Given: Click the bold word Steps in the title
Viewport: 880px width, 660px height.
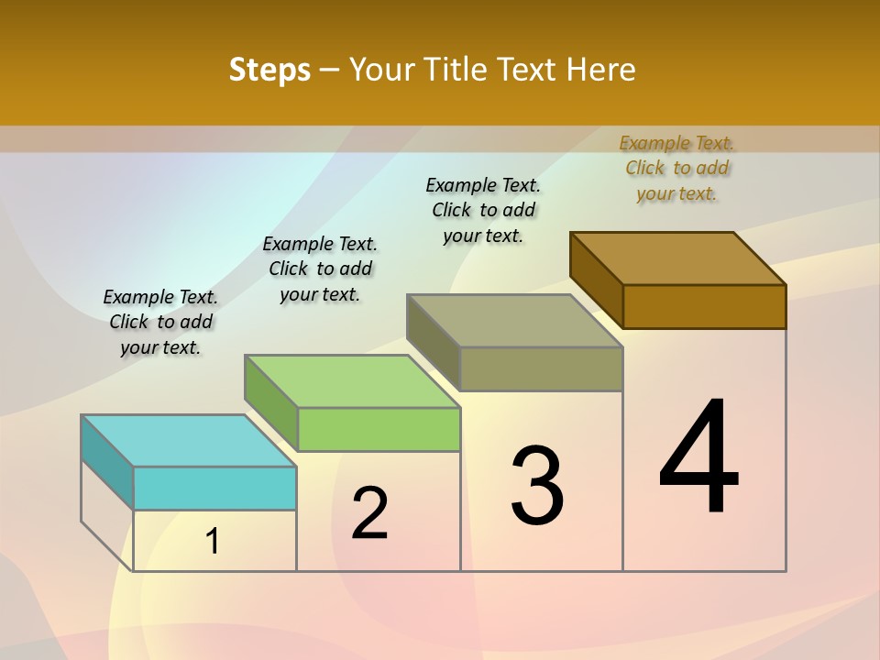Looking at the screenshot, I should (269, 70).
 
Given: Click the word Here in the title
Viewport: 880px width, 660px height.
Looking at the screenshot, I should (601, 70).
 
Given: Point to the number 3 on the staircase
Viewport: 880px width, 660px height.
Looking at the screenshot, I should (537, 486).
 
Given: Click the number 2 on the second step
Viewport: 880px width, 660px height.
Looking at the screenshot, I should (369, 513).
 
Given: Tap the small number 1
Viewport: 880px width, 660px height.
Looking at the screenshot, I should (213, 542).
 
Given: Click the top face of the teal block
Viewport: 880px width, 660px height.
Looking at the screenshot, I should (188, 441).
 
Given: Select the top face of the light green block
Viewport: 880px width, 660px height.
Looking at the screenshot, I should (352, 381).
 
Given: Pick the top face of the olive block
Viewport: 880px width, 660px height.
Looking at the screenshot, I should (514, 321).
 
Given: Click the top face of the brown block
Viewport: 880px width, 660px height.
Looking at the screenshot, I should (677, 258).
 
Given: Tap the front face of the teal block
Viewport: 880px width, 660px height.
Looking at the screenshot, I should (214, 488).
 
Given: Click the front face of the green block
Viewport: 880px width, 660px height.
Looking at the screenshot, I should (379, 429).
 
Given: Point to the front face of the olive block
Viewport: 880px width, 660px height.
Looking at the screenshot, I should (541, 368).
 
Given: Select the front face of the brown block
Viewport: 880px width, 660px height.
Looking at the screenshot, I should (704, 306).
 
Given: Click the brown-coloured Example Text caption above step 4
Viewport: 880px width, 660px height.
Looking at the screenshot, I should (676, 168).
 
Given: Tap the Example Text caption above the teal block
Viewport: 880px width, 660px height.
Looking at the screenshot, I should (160, 322).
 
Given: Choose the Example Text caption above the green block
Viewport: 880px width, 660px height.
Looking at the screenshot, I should (320, 269).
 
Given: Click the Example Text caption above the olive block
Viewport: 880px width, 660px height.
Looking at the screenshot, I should (483, 210).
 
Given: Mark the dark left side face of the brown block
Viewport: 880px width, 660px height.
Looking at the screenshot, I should (596, 279).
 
